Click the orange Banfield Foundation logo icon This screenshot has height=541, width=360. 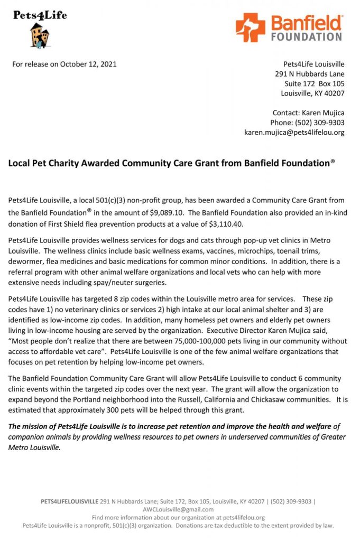coord(250,28)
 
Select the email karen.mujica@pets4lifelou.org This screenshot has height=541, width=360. coord(294,132)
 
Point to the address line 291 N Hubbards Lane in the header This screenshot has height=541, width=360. coord(310,74)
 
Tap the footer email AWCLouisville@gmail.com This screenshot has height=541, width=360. coord(178,509)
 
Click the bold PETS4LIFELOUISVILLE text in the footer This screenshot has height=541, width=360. coord(69,501)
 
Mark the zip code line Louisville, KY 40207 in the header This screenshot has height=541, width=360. coord(312,94)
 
